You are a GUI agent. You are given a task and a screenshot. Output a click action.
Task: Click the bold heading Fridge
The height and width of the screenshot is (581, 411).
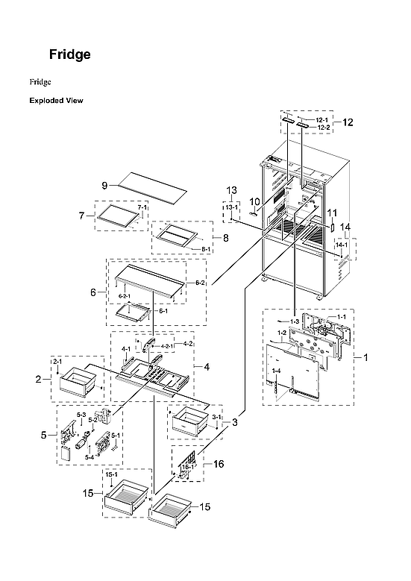pyautogui.click(x=70, y=54)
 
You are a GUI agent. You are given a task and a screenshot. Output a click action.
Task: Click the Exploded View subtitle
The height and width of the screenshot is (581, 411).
pyautogui.click(x=56, y=100)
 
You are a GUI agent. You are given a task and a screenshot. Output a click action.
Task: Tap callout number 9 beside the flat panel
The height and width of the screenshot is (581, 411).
pyautogui.click(x=105, y=184)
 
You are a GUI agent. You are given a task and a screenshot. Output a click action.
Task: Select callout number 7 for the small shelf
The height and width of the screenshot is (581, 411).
pyautogui.click(x=83, y=216)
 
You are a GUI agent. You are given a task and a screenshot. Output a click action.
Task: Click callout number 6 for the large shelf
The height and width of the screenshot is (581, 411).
pyautogui.click(x=94, y=293)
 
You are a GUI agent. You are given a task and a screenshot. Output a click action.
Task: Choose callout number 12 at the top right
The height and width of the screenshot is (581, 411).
pyautogui.click(x=348, y=122)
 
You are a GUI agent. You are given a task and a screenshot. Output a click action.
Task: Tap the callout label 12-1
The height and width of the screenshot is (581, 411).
pyautogui.click(x=321, y=119)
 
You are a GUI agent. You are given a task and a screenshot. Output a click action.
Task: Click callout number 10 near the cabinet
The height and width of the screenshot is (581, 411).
pyautogui.click(x=254, y=201)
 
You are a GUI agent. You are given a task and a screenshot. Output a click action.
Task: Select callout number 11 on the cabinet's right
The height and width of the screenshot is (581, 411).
pyautogui.click(x=332, y=213)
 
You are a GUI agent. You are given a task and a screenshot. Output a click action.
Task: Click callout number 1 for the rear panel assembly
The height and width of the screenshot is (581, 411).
pyautogui.click(x=365, y=357)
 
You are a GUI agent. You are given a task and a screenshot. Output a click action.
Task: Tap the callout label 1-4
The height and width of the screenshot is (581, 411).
pyautogui.click(x=277, y=371)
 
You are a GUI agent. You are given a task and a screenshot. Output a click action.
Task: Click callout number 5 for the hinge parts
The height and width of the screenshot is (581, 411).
pyautogui.click(x=43, y=435)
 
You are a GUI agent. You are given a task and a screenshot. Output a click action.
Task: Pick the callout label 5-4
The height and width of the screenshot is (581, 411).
pyautogui.click(x=90, y=456)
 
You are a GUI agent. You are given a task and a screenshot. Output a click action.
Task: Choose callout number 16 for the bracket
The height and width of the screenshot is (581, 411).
pyautogui.click(x=219, y=463)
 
